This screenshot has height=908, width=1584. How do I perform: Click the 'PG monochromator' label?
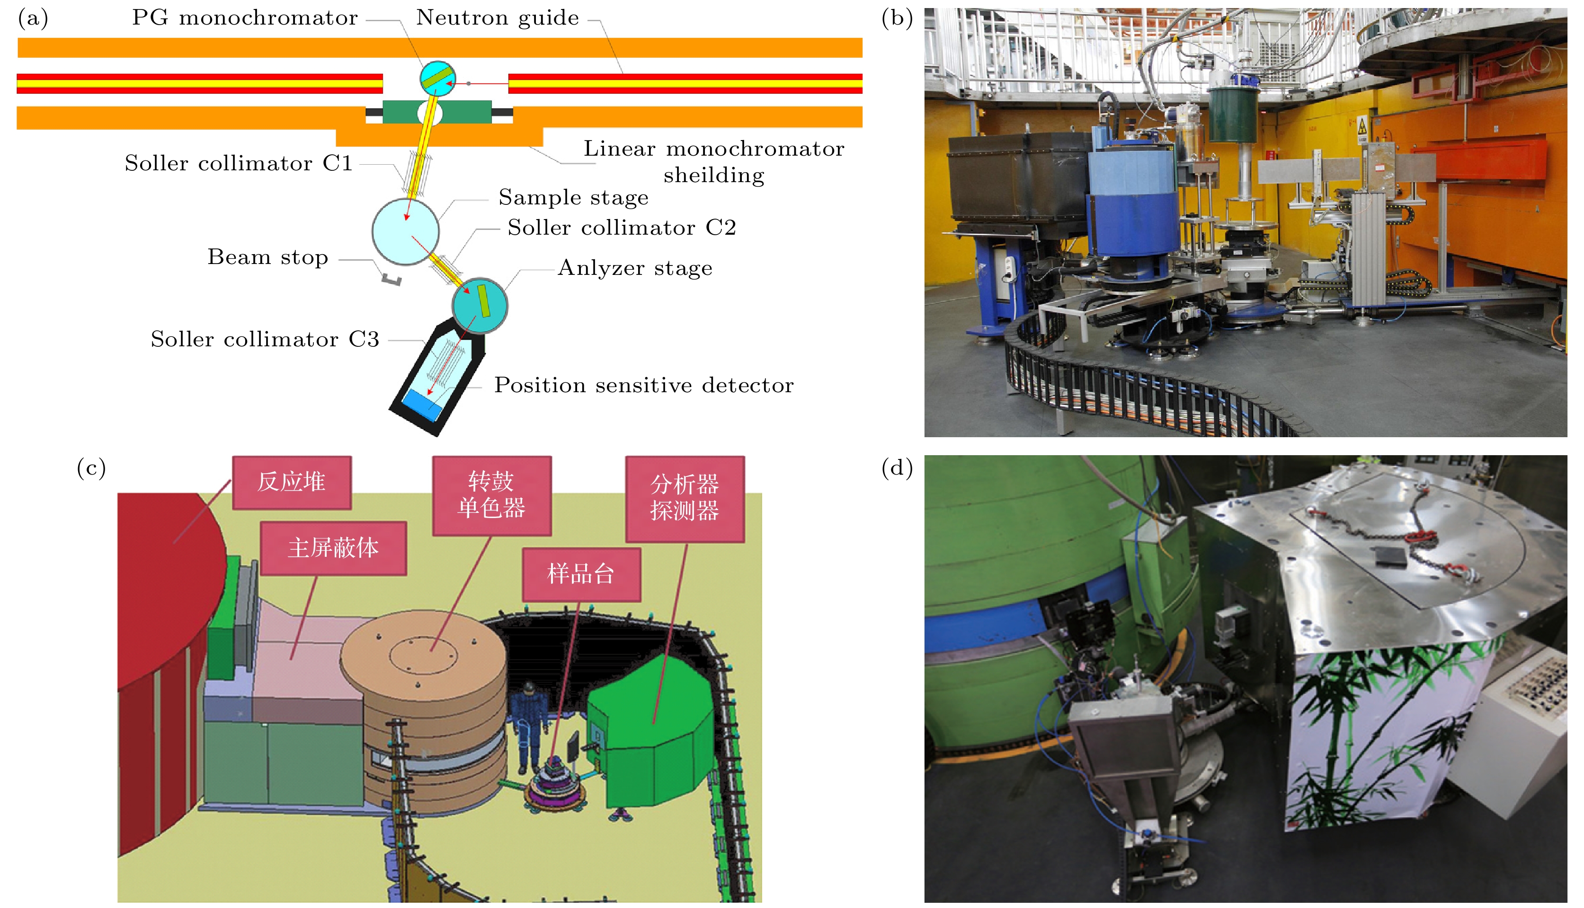(x=245, y=18)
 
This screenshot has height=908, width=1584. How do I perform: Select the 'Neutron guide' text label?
(x=497, y=18)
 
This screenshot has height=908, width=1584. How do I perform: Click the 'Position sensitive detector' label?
(x=644, y=386)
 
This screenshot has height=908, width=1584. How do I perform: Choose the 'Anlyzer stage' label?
(x=634, y=268)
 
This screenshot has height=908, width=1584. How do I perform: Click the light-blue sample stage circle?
(x=406, y=231)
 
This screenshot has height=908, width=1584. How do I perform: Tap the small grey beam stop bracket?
(x=392, y=279)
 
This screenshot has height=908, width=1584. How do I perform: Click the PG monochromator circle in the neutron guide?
(x=437, y=78)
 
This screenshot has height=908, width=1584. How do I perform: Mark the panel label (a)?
(x=33, y=18)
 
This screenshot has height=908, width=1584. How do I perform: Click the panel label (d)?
(x=897, y=467)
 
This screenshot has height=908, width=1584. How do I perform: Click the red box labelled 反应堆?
(x=292, y=482)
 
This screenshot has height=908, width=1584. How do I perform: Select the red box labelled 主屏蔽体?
(x=333, y=548)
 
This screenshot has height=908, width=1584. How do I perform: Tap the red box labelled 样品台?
(x=581, y=574)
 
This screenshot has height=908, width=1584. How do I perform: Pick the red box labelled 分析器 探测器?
(x=685, y=498)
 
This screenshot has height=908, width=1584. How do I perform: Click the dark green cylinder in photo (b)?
(x=1233, y=115)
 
